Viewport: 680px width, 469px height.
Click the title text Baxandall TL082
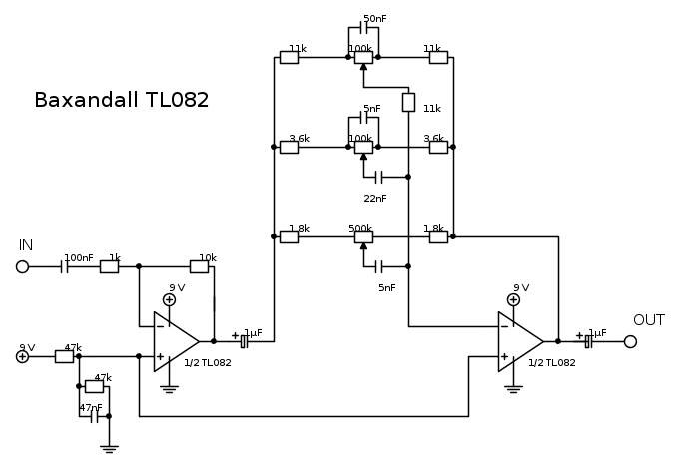(121, 101)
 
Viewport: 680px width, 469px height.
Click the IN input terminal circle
(22, 267)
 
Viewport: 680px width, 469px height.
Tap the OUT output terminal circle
(630, 341)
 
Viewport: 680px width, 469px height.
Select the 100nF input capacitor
(67, 267)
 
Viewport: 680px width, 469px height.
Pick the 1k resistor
(110, 267)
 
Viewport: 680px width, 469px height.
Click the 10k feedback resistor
(203, 267)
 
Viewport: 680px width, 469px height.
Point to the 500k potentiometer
(363, 237)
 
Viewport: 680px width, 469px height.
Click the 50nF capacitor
(363, 29)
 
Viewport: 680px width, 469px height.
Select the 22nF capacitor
(378, 178)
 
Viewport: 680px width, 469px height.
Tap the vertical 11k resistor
(408, 102)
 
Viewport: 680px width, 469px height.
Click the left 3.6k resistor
(289, 148)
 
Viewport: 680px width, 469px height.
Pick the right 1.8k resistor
(437, 237)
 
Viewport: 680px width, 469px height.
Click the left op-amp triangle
(176, 341)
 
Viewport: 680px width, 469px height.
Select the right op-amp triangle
(520, 341)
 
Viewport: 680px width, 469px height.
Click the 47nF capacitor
(95, 416)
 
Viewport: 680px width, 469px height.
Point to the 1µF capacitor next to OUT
(589, 341)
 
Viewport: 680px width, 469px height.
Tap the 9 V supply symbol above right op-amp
(514, 299)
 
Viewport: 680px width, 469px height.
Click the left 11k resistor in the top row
(289, 57)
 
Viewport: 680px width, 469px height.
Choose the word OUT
(649, 320)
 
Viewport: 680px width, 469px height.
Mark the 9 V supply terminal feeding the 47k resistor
(22, 356)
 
